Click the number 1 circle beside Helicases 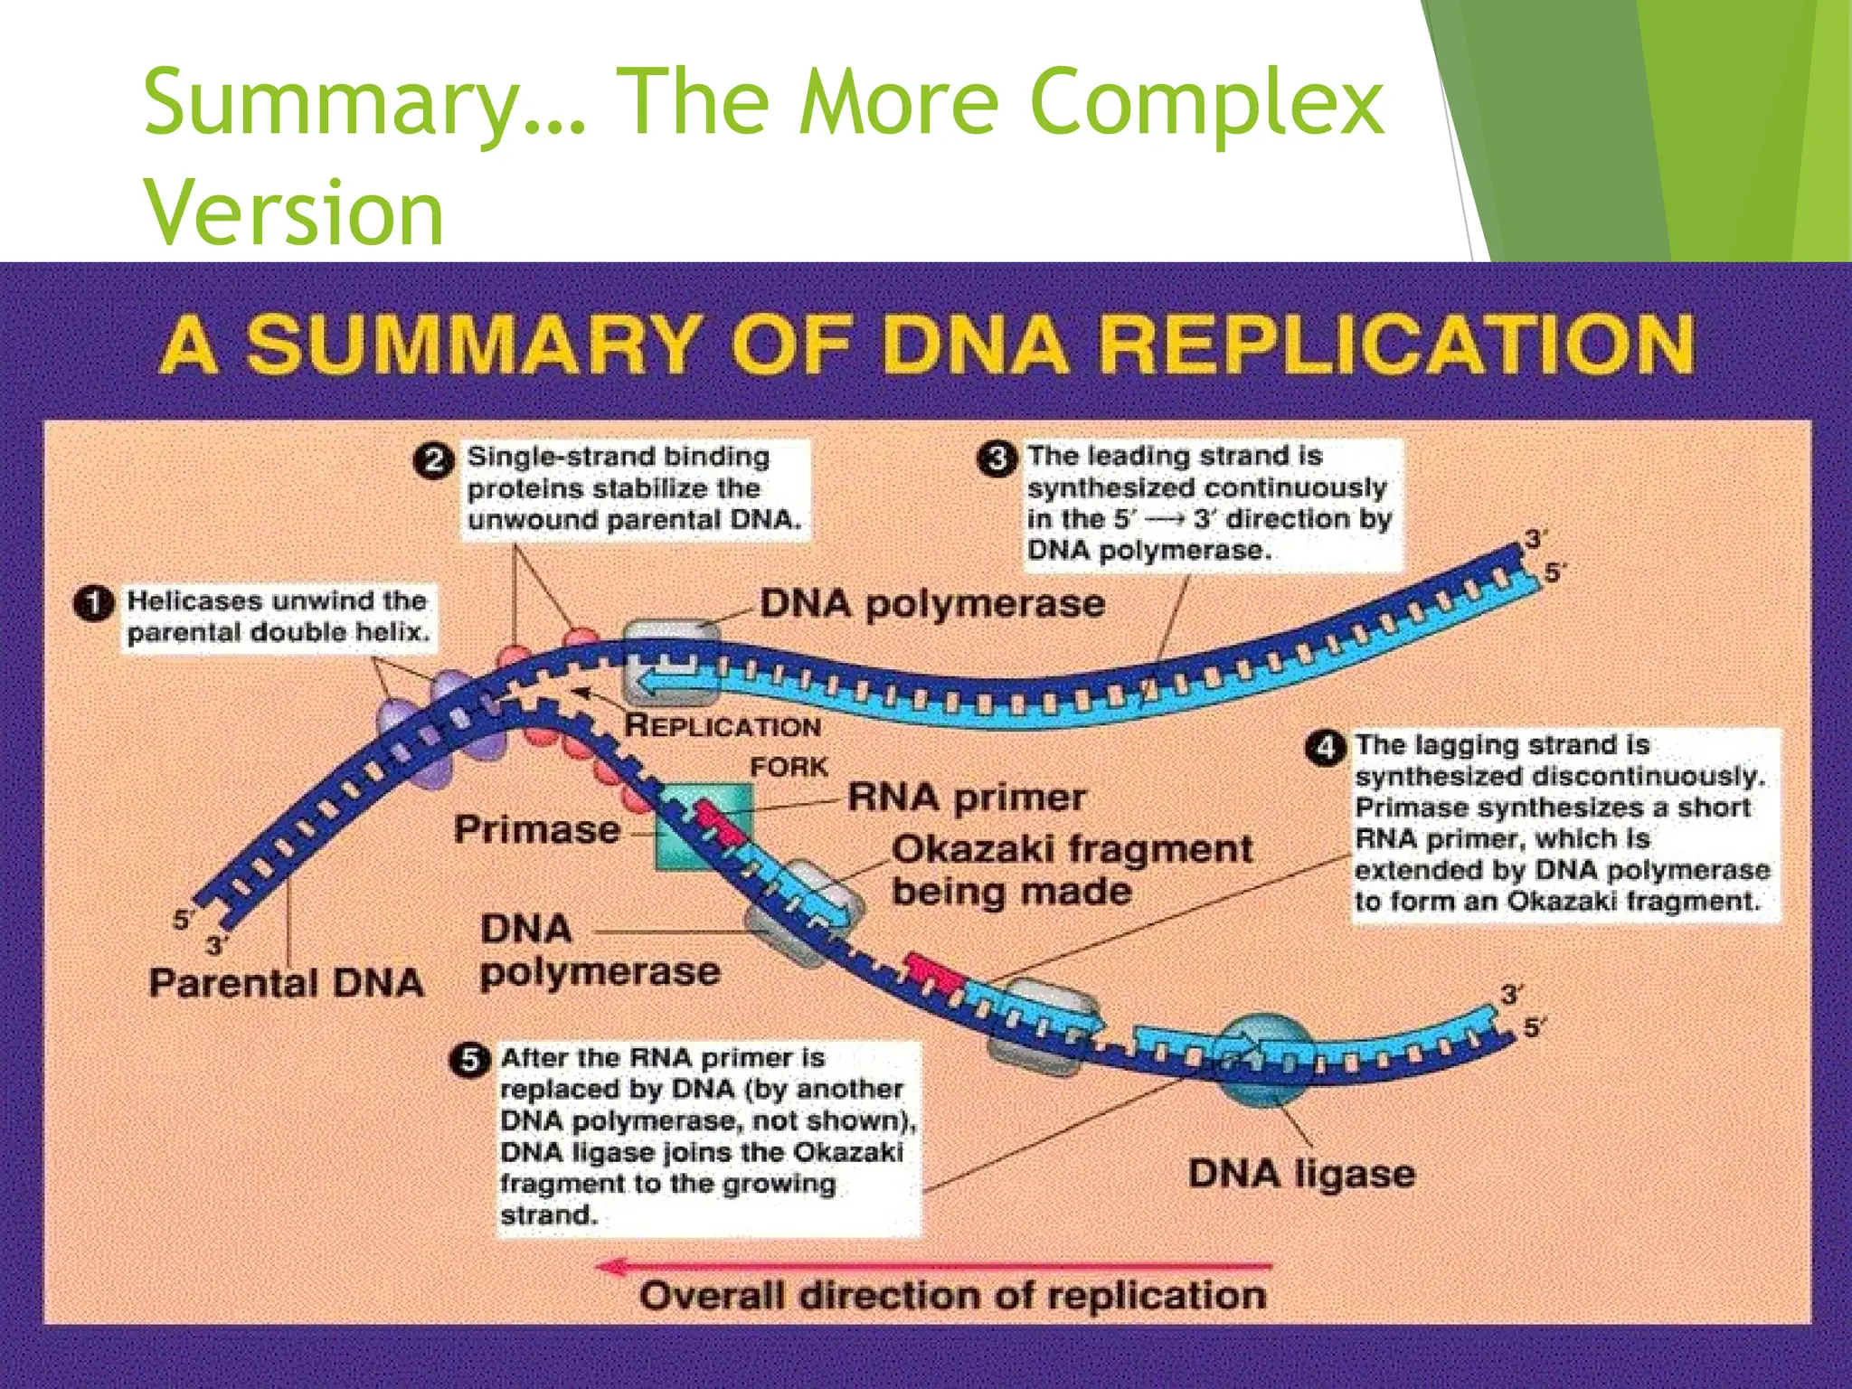coord(94,604)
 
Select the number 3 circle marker coord(996,458)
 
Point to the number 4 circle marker coord(1325,748)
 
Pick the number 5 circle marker coord(469,1060)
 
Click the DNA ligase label coord(1301,1175)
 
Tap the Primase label coord(537,829)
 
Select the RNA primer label coord(967,798)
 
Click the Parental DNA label coord(287,983)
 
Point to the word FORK coord(789,767)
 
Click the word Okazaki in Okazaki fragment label coord(973,849)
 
